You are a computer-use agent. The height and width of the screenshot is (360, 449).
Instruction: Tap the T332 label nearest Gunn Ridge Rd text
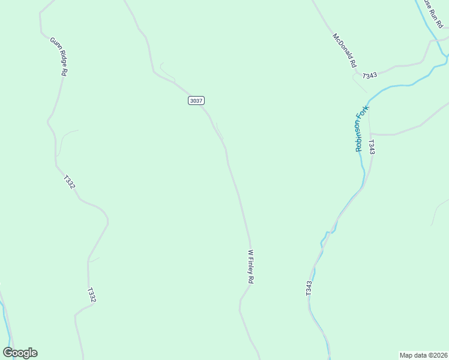tap(69, 182)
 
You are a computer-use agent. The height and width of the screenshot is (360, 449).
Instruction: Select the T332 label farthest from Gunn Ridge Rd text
tap(91, 295)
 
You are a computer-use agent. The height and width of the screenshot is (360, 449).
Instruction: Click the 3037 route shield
tap(196, 100)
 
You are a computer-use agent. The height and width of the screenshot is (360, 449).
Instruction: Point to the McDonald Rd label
tap(345, 50)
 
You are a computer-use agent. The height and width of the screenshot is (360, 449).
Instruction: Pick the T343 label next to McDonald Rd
tap(370, 75)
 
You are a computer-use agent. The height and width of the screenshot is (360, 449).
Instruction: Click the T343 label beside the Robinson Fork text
tap(372, 147)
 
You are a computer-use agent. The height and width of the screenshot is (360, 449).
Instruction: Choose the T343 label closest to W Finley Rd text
tap(309, 288)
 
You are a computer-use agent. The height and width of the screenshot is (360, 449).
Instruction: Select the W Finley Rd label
tap(252, 267)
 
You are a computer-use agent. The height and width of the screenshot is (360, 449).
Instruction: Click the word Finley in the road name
tap(252, 266)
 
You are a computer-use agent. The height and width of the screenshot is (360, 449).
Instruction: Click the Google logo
tap(20, 353)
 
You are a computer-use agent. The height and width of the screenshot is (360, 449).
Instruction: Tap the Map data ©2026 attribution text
tap(423, 355)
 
